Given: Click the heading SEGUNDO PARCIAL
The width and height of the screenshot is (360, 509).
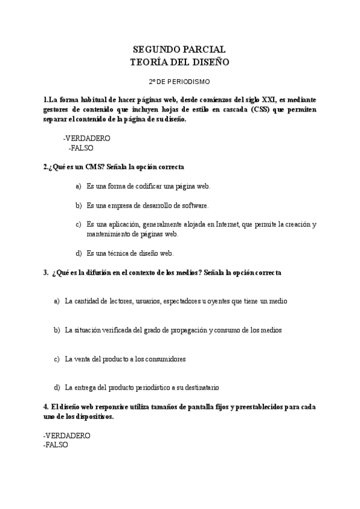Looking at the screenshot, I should (x=179, y=50).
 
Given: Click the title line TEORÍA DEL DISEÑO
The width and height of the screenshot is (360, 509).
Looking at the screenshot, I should (x=179, y=62).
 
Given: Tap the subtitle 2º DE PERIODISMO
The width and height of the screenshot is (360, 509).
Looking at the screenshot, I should (x=179, y=80).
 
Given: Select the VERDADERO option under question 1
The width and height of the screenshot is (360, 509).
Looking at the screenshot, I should (x=86, y=137).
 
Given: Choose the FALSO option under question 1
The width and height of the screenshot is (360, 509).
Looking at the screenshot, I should (x=81, y=147).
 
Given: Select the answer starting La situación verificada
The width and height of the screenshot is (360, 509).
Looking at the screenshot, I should (x=173, y=330).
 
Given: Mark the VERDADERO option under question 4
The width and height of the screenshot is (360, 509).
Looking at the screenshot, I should (x=67, y=435).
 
